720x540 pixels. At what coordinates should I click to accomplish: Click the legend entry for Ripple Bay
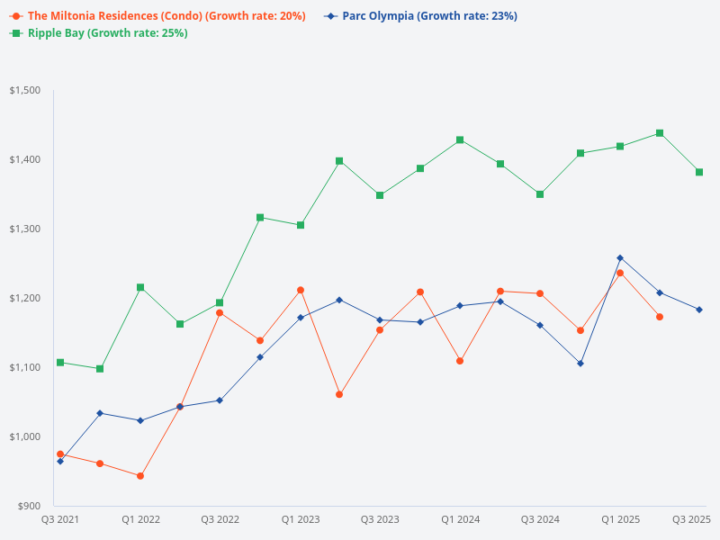pyautogui.click(x=99, y=33)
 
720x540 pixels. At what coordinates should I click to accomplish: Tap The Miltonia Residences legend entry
pyautogui.click(x=158, y=16)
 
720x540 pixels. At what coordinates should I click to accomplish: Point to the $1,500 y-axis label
pyautogui.click(x=25, y=91)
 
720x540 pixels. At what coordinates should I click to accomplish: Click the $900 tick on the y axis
pyautogui.click(x=30, y=506)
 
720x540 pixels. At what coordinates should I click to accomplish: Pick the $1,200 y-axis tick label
pyautogui.click(x=25, y=298)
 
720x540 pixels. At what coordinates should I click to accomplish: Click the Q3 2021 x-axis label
pyautogui.click(x=60, y=519)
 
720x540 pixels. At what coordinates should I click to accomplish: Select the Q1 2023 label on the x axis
pyautogui.click(x=301, y=519)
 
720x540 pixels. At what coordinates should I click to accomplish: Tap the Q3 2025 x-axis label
pyautogui.click(x=692, y=519)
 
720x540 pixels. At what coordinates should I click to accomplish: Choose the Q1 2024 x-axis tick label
pyautogui.click(x=460, y=519)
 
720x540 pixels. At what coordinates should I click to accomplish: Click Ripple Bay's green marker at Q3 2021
pyautogui.click(x=60, y=363)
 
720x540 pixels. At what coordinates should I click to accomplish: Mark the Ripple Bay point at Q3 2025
pyautogui.click(x=699, y=172)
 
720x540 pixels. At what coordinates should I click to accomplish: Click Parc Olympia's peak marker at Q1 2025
pyautogui.click(x=620, y=258)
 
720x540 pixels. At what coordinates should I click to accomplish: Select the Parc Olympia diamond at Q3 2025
pyautogui.click(x=699, y=310)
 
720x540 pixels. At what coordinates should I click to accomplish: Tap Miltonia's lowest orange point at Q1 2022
pyautogui.click(x=140, y=475)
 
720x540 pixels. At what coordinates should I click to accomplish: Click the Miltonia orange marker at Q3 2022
pyautogui.click(x=220, y=313)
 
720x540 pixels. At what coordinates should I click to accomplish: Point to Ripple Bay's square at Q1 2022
pyautogui.click(x=140, y=287)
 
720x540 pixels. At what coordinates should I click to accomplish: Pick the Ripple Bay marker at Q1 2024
pyautogui.click(x=460, y=139)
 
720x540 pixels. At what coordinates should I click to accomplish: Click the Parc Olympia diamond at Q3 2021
pyautogui.click(x=60, y=461)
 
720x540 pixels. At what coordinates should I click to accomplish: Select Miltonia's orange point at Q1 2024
pyautogui.click(x=460, y=361)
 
